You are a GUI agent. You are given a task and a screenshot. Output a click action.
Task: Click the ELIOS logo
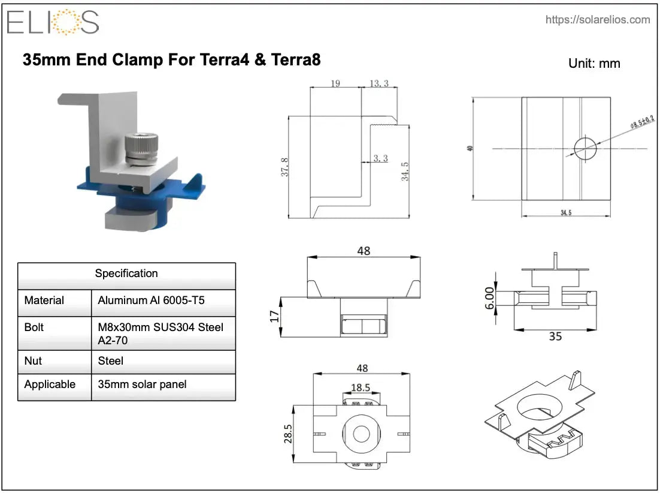pos(53,22)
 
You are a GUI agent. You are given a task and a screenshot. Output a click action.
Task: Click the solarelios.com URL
pos(597,20)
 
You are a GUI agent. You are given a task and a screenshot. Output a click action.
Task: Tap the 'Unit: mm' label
pos(594,63)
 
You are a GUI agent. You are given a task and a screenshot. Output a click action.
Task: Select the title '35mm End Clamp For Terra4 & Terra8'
pos(171,60)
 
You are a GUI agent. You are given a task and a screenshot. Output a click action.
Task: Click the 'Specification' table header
pos(126,273)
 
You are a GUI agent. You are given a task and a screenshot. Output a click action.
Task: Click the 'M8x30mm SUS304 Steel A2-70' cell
pos(161,333)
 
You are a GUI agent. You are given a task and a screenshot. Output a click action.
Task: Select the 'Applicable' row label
pos(50,384)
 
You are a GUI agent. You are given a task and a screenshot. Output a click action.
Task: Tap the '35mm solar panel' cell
pos(142,384)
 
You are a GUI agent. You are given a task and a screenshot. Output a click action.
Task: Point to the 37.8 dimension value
pos(285,167)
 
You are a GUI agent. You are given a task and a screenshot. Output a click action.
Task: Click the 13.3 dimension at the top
pos(379,83)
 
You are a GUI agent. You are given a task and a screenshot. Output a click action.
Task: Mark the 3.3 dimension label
pos(380,158)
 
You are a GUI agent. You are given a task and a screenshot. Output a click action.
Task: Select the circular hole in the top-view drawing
pos(585,148)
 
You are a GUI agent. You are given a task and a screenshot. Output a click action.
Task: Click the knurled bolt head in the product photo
pos(141,145)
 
